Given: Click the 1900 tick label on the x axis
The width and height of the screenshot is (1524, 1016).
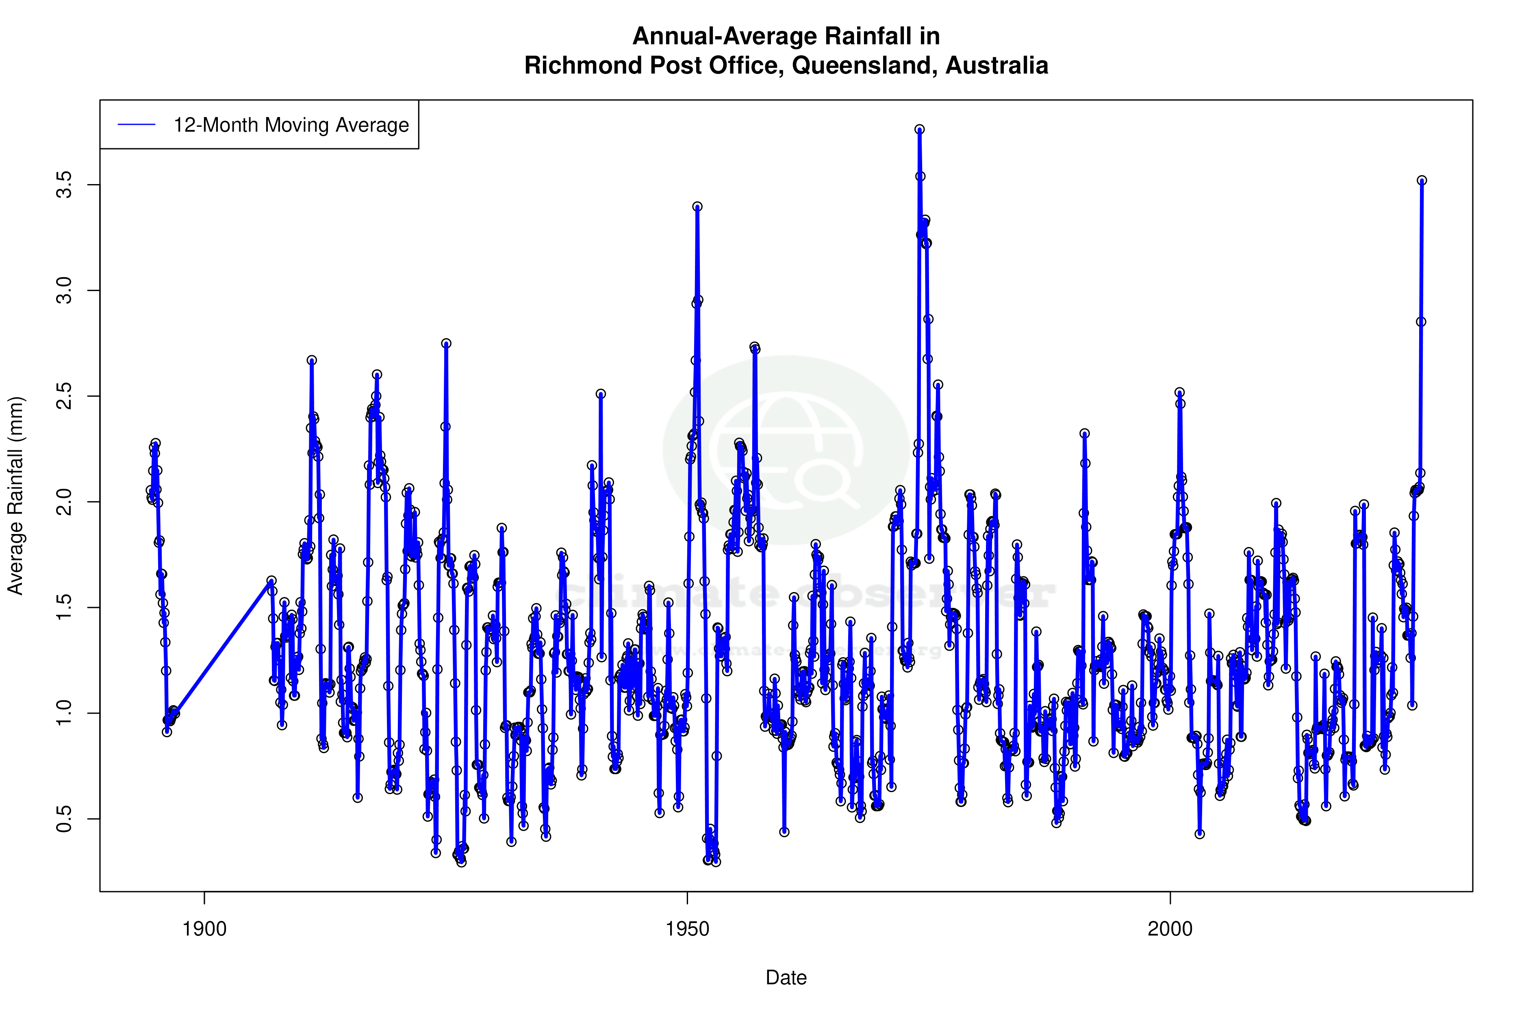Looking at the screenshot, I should point(204,929).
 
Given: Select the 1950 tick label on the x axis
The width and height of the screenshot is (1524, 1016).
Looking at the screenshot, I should point(688,929).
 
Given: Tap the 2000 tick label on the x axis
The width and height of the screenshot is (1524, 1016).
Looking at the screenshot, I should point(1170,929).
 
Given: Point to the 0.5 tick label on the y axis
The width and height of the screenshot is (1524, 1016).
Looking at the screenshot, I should point(65,819).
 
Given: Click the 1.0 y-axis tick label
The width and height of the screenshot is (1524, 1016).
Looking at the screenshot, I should point(65,713).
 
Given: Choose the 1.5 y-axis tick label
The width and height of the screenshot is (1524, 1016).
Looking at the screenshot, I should point(65,608).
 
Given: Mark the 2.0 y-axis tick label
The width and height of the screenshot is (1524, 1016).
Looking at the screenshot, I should point(65,502).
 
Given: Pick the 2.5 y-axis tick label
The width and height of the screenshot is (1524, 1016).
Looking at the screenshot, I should point(65,397).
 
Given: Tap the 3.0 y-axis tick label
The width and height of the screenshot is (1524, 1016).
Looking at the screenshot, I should point(65,291).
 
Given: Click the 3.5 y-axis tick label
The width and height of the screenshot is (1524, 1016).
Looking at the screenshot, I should point(65,185).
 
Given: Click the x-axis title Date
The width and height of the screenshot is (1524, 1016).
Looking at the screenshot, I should point(786,978).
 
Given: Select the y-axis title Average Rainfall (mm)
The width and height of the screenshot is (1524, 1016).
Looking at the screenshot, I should point(15,496).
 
